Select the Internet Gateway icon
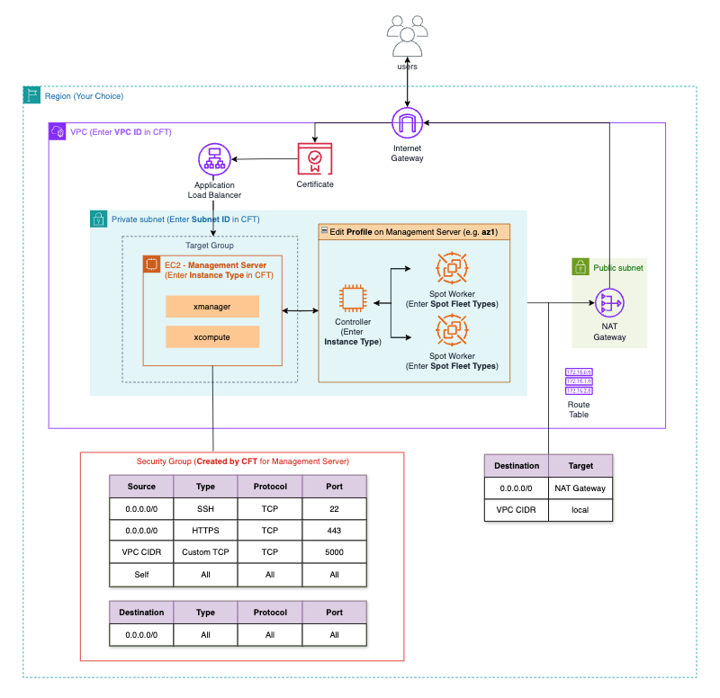407,122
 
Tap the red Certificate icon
314,159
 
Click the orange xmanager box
212,307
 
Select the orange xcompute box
212,337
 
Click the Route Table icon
579,381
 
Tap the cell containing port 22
334,508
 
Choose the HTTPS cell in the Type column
205,531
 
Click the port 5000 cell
334,552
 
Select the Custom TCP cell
205,552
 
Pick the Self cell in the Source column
141,575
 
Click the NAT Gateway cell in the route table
580,488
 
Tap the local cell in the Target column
580,511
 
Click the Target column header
580,466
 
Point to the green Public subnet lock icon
580,267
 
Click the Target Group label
210,245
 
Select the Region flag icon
31,95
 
